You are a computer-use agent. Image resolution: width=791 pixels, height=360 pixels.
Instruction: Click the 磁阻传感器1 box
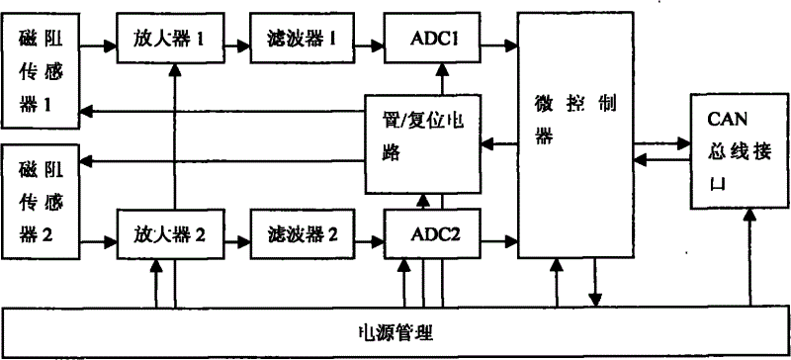coord(39,70)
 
